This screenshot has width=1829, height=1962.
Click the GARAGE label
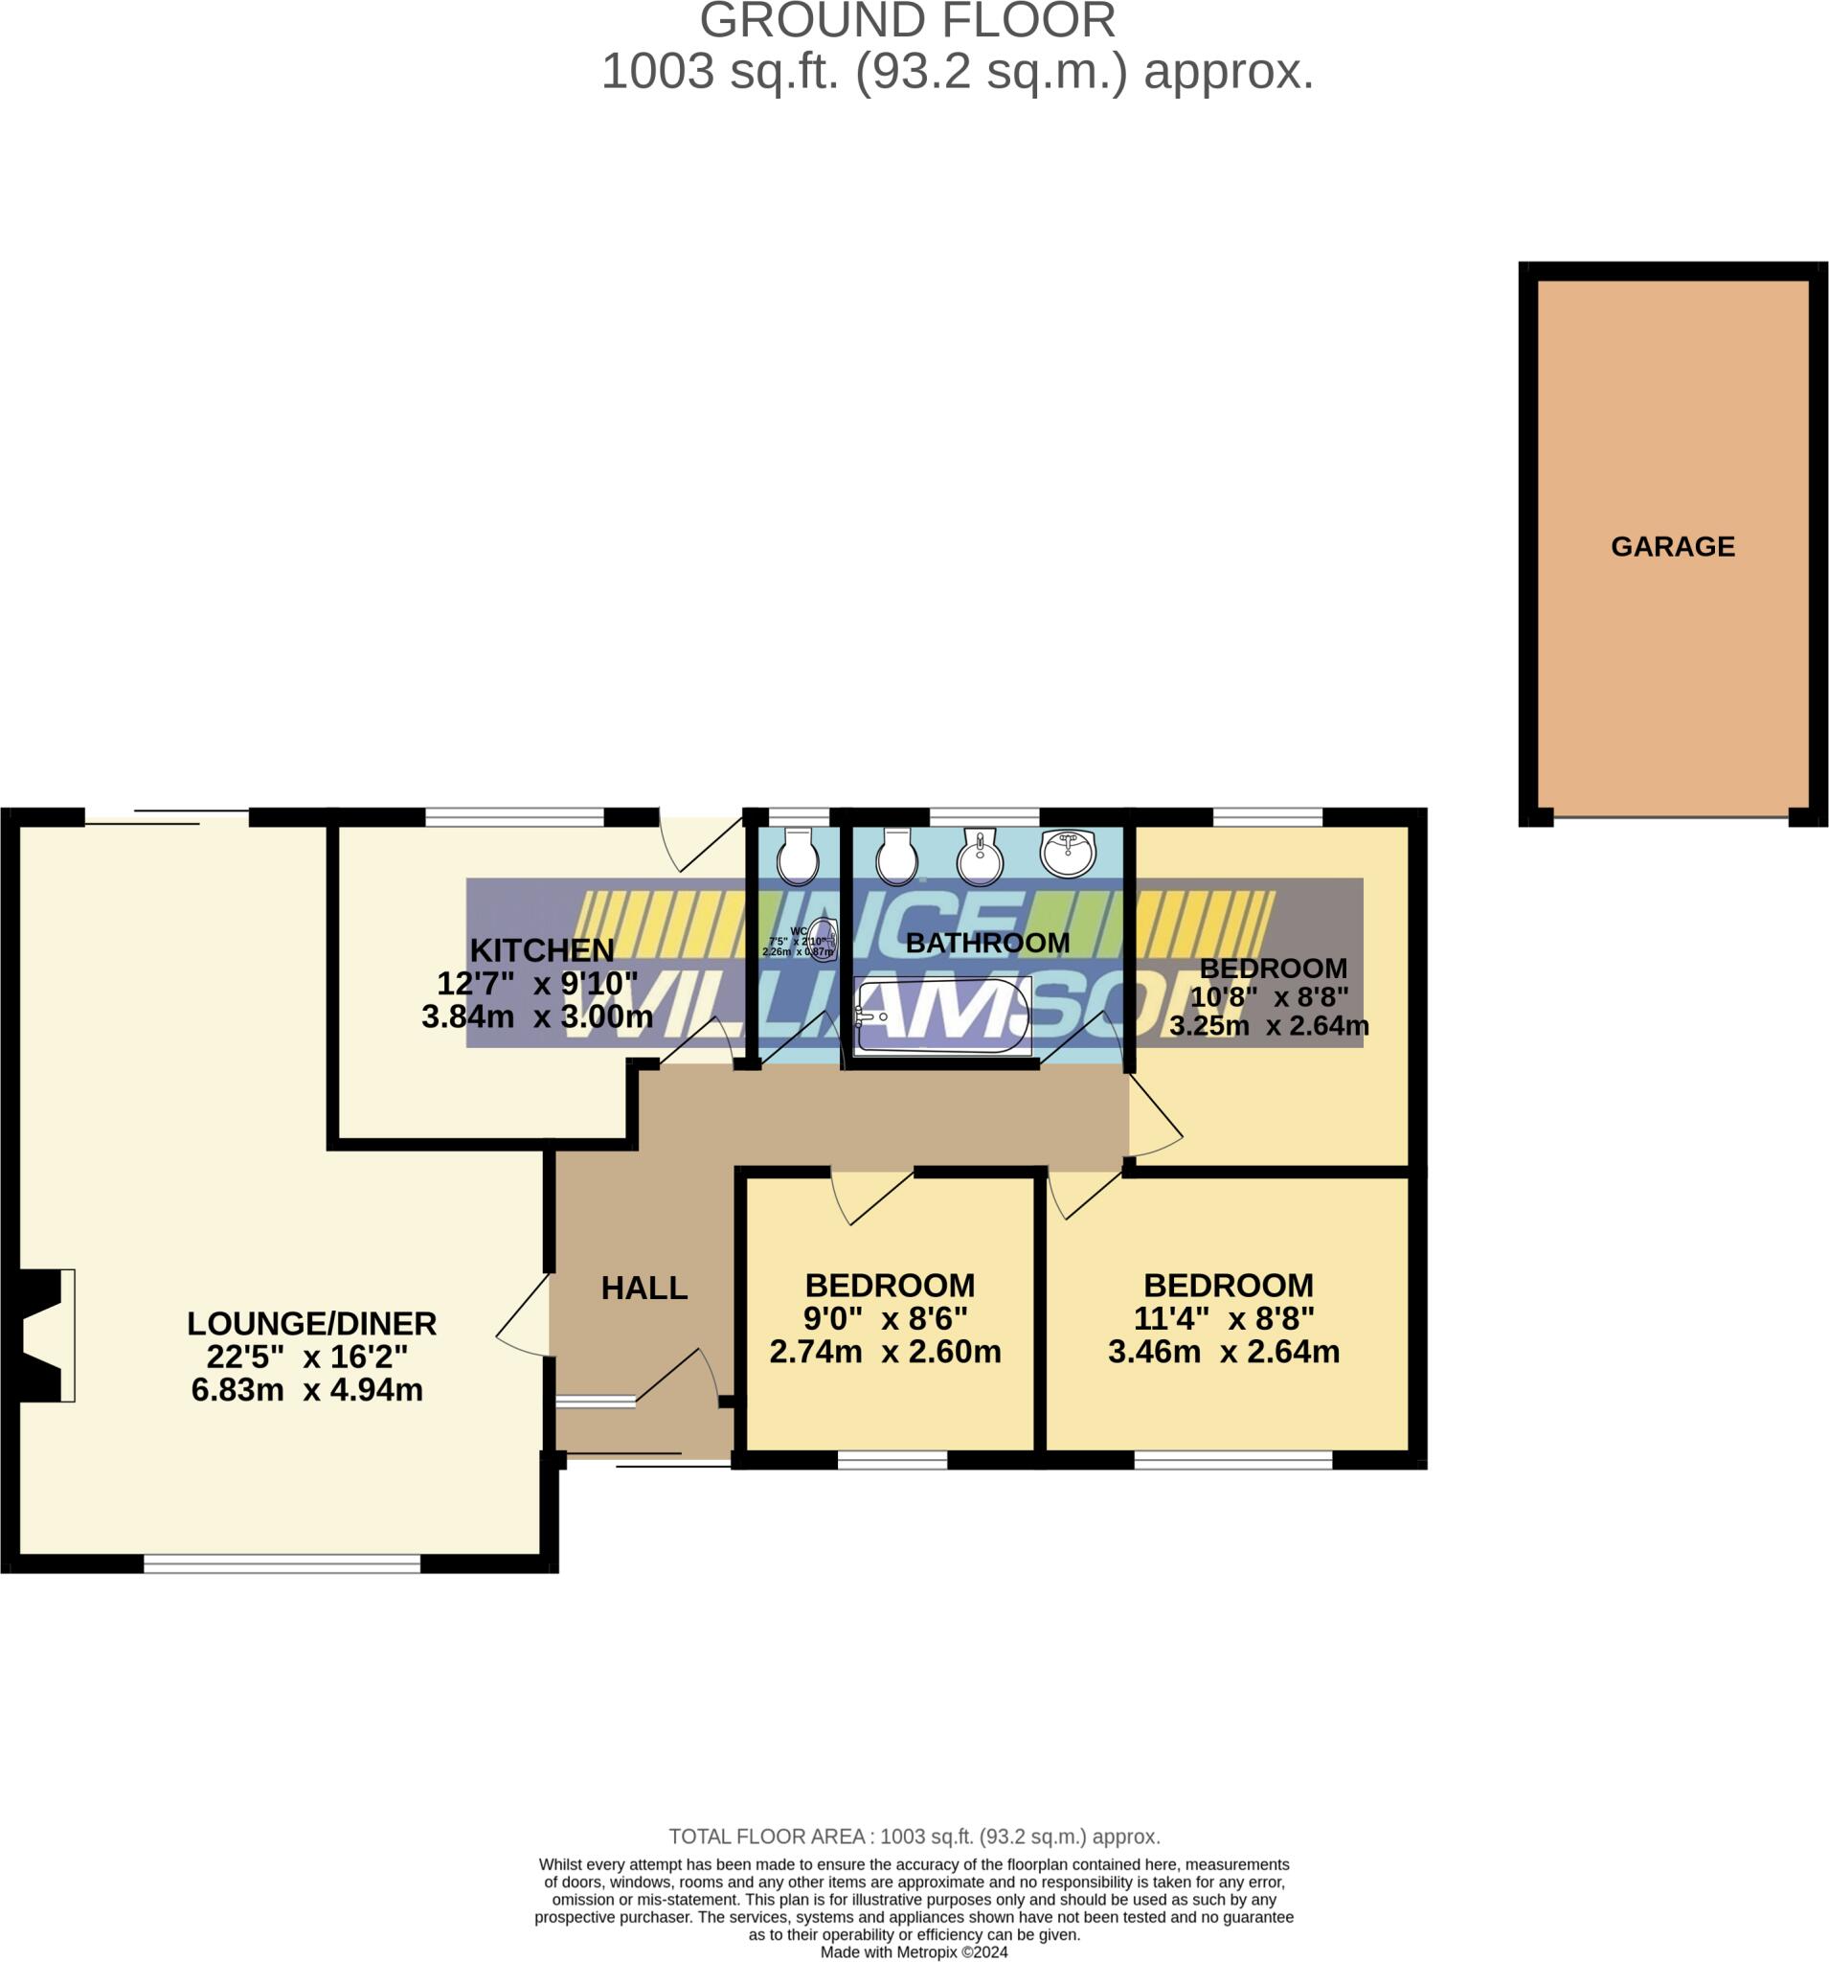pos(1671,546)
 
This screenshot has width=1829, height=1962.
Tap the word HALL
pos(644,1287)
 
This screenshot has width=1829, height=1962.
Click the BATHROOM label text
pos(986,943)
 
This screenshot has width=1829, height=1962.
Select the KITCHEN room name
pos(542,949)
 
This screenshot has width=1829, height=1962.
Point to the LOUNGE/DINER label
pos(312,1322)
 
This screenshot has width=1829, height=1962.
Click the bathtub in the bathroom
pos(942,1015)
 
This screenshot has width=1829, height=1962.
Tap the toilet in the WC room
pos(797,855)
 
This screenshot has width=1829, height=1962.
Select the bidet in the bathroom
pos(980,856)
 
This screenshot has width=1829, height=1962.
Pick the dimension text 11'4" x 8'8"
pos(1223,1317)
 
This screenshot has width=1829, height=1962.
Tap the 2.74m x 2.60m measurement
pos(885,1351)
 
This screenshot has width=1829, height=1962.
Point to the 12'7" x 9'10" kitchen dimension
pos(536,983)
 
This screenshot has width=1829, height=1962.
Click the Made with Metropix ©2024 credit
pos(914,1951)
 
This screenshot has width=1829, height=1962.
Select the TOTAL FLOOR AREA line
pos(914,1836)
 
